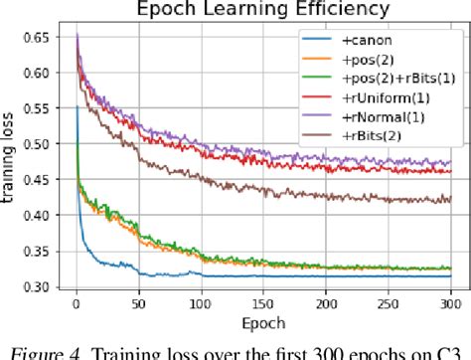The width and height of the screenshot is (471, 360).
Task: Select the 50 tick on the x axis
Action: (139, 308)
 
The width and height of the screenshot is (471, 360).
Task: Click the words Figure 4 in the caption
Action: (99, 348)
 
